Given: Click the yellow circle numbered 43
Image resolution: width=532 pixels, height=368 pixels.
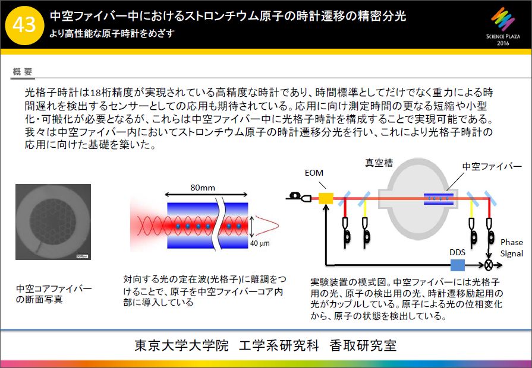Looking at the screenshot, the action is coord(24,25).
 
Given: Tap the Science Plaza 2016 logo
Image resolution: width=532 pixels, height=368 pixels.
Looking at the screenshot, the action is coord(503,27).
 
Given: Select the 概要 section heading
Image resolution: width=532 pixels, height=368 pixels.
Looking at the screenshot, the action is coord(23,71).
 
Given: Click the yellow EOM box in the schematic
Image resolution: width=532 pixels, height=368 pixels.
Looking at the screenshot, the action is coord(326,198).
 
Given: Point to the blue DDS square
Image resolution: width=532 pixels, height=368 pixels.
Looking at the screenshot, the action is coord(457,265).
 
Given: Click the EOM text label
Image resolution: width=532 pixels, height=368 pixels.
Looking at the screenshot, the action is coord(314,173).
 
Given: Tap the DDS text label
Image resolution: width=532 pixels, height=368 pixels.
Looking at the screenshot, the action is coord(457,252).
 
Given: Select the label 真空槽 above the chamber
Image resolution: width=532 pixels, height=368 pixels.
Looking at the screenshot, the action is coord(379,163).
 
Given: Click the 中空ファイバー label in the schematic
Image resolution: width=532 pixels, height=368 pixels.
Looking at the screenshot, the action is coord(492,166).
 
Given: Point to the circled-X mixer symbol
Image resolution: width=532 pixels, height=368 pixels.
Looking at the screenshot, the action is coord(488,265).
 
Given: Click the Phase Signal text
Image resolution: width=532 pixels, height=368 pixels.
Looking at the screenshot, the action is coord(512,248).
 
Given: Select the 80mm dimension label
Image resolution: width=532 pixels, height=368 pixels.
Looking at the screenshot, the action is coord(203,188).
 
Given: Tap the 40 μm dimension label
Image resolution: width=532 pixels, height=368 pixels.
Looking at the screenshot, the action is coord(260,243).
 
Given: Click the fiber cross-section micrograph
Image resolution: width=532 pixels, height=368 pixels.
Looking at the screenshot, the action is coord(53,222).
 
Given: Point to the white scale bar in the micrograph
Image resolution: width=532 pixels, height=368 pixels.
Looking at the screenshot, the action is coord(82,256).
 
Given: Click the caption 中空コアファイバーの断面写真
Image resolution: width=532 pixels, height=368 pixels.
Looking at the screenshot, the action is coord(53,294).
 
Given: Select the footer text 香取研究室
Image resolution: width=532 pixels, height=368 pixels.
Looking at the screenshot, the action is coord(363,345).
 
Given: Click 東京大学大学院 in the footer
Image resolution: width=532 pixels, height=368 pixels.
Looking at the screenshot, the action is coord(181,345).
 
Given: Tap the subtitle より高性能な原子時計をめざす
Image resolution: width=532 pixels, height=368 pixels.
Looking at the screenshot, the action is coord(112,34).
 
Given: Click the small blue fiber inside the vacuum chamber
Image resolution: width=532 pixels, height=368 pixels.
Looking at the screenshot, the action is coord(439,198).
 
